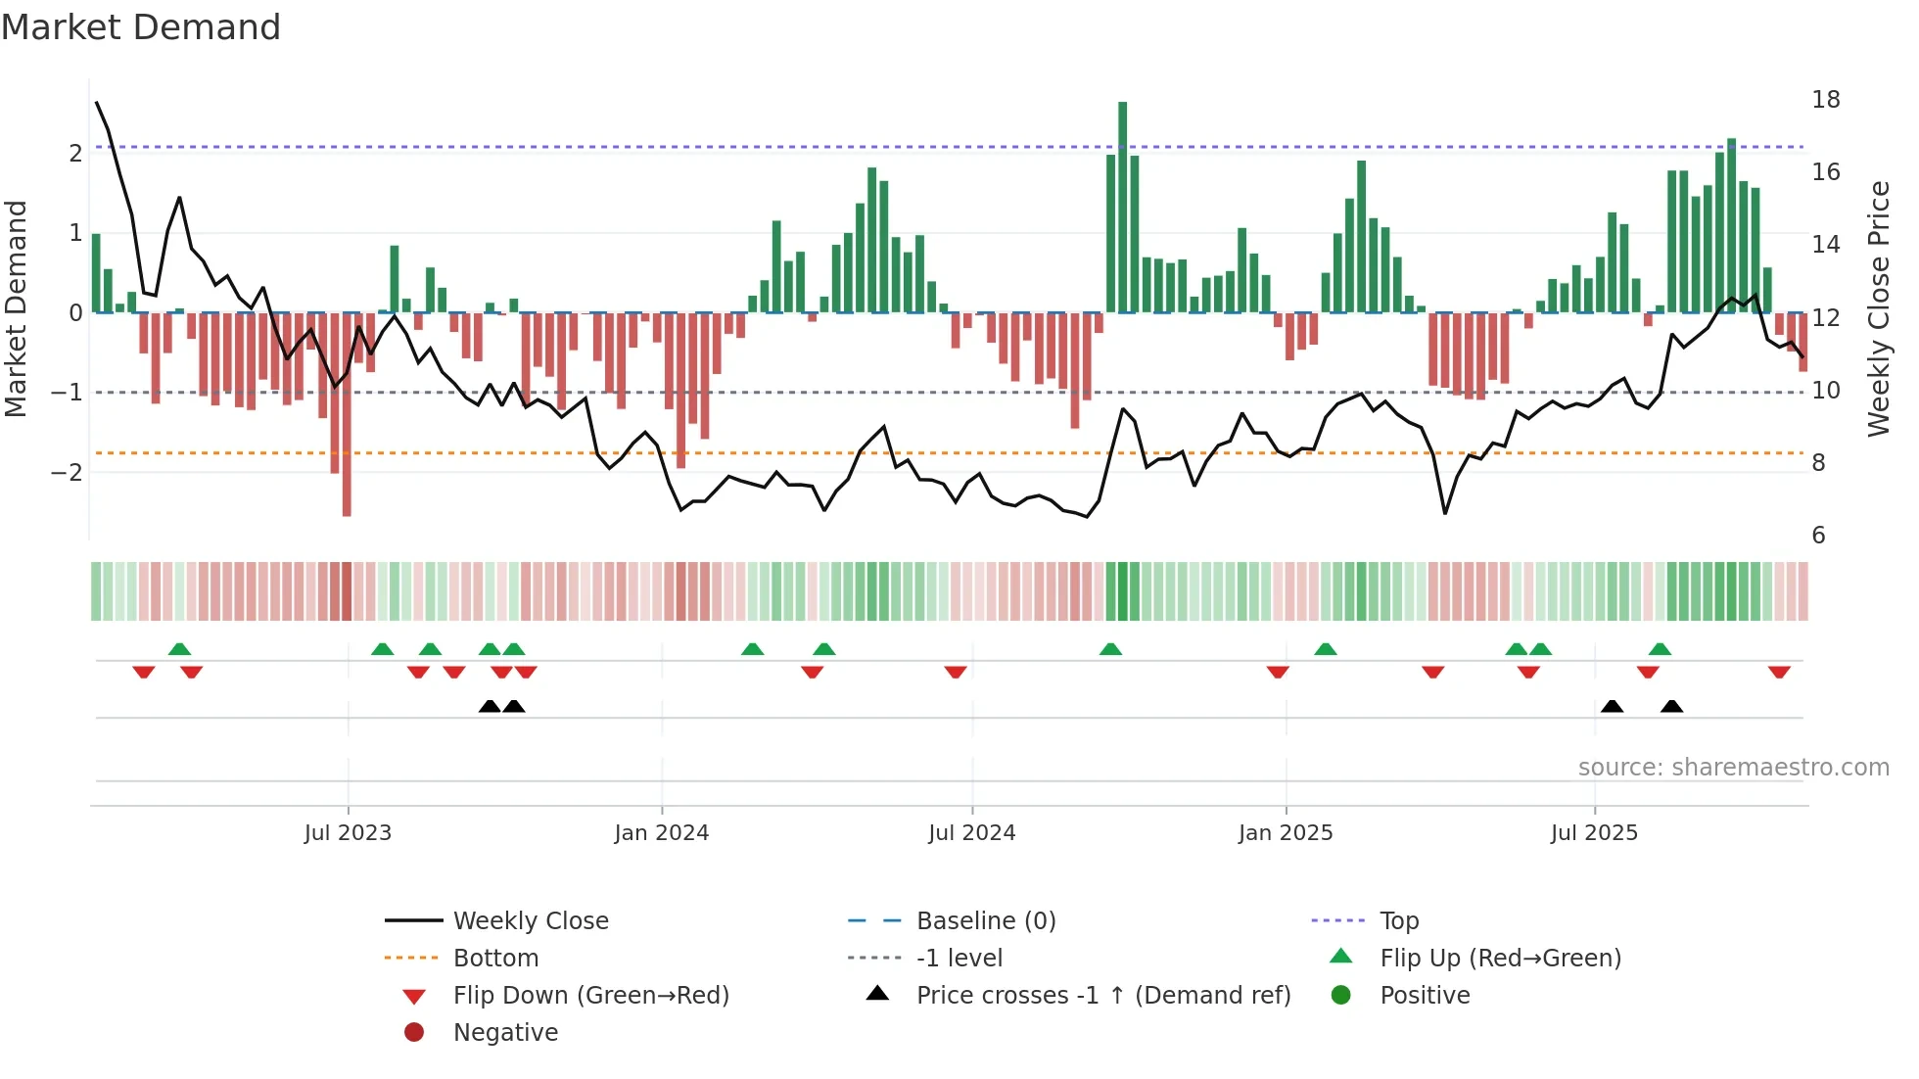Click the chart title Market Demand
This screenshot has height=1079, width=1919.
point(141,27)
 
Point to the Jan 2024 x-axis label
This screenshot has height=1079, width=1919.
point(661,833)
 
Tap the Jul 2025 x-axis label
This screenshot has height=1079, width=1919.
point(1594,833)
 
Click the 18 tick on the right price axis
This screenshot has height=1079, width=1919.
point(1825,100)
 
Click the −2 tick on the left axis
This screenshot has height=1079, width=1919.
point(68,472)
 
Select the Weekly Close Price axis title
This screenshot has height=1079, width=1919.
point(1878,308)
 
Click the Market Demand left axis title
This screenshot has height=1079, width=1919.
point(16,308)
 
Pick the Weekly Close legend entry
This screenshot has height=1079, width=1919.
point(530,921)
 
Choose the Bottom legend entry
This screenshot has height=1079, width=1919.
point(495,959)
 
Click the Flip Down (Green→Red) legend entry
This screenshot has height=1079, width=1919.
point(590,996)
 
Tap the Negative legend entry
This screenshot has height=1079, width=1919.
point(505,1033)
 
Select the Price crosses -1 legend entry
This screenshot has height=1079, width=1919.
point(1102,996)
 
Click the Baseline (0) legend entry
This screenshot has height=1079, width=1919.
point(985,921)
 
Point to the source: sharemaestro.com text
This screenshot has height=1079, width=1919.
point(1733,768)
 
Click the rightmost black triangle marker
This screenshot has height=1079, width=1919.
point(1671,707)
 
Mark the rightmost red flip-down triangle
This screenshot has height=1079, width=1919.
point(1779,672)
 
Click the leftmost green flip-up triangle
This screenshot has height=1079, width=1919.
point(179,649)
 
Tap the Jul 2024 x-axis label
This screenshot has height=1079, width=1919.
point(971,833)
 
